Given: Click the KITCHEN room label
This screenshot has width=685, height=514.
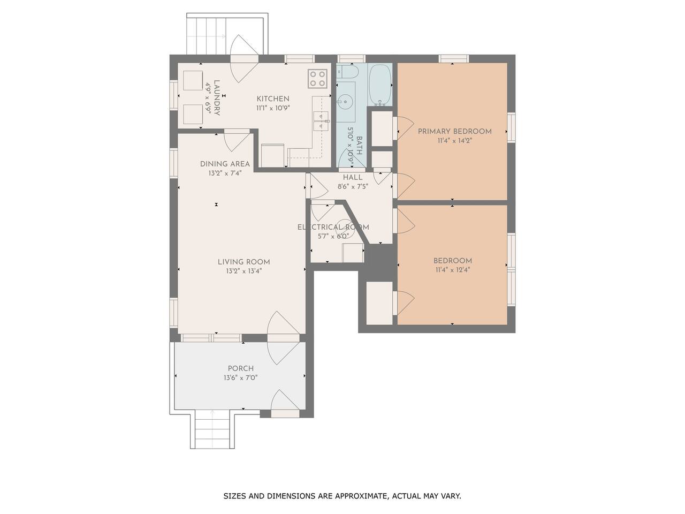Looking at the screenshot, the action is click(x=273, y=99).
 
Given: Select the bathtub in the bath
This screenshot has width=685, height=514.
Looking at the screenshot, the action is click(x=380, y=85).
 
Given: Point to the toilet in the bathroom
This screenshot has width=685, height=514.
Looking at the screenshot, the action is click(x=348, y=72).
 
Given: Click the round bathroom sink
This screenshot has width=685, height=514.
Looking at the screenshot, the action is click(x=346, y=101).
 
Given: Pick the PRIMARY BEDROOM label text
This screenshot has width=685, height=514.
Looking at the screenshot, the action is click(x=455, y=131).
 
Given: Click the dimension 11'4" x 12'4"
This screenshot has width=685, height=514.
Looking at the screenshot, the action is click(x=453, y=270).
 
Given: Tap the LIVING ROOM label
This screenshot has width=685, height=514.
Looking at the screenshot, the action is click(x=243, y=262).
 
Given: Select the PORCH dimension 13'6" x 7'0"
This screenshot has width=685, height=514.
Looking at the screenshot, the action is click(x=240, y=378).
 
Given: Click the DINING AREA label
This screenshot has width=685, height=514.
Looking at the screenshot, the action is click(x=225, y=164).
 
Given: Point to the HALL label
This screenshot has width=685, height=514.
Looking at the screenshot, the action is click(x=353, y=178).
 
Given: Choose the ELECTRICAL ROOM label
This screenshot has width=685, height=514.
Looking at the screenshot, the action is click(x=333, y=227).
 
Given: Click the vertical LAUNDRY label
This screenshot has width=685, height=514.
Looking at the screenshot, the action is click(x=217, y=97).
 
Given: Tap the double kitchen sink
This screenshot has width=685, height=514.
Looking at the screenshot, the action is click(x=321, y=121).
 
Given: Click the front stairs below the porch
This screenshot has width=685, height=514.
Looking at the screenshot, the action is click(x=212, y=432).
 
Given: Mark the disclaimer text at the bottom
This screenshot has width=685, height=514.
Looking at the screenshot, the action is click(x=342, y=496).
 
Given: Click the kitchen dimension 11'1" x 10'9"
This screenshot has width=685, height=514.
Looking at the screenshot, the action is click(x=273, y=108).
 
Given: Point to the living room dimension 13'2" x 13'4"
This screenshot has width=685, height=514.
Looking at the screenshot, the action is click(x=243, y=271).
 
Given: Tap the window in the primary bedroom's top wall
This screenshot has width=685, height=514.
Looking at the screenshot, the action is click(x=454, y=59).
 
